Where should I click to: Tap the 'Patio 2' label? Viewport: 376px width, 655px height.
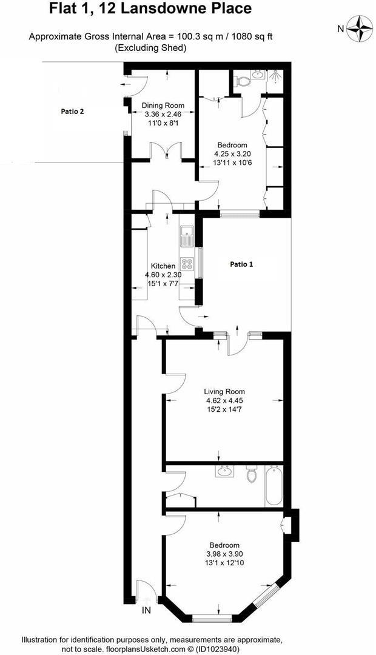click(73, 111)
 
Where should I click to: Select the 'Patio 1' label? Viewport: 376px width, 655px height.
click(242, 264)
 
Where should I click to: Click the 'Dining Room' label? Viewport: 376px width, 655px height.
click(163, 106)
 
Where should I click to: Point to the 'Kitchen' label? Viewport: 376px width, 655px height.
click(163, 266)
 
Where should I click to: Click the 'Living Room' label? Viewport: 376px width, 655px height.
click(224, 391)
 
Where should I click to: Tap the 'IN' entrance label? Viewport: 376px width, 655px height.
click(146, 610)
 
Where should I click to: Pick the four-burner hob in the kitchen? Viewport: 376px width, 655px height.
click(186, 264)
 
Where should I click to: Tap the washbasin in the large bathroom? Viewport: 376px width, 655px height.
click(226, 472)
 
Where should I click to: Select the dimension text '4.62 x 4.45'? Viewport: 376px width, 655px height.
click(224, 400)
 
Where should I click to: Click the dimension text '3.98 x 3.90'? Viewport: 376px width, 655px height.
click(224, 554)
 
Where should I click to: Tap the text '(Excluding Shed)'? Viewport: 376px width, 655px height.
click(150, 48)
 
